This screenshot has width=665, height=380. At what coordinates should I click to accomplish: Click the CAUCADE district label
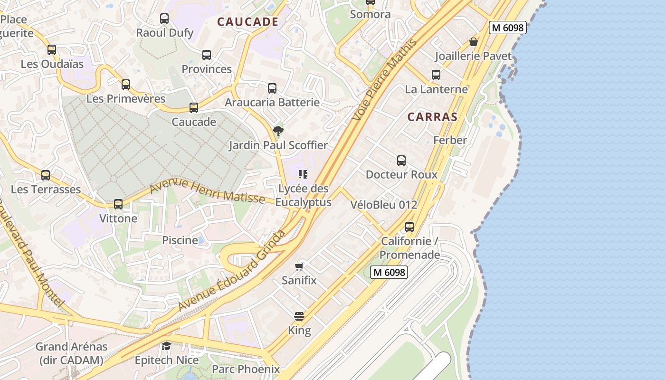click(x=247, y=22)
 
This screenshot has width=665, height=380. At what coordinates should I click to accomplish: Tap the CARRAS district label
click(x=432, y=117)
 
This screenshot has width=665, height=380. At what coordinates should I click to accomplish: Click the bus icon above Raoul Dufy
click(x=164, y=19)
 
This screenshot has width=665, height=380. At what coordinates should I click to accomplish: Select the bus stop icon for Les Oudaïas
click(x=51, y=49)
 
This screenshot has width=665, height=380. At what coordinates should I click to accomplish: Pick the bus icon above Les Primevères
click(x=125, y=85)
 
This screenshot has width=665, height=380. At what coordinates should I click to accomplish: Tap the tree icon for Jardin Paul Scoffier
click(x=278, y=131)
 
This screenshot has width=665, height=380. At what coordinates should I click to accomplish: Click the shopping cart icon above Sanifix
click(x=299, y=266)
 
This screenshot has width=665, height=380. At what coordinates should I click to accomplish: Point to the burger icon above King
click(x=299, y=316)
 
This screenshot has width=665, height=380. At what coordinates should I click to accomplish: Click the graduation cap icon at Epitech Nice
click(x=166, y=345)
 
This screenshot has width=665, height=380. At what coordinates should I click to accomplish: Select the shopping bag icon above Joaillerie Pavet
click(x=474, y=42)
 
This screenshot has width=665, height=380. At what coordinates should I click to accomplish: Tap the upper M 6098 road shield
click(x=508, y=28)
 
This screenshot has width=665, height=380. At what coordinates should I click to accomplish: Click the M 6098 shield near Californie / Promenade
click(x=389, y=272)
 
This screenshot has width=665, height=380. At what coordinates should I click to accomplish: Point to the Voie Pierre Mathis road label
click(x=385, y=79)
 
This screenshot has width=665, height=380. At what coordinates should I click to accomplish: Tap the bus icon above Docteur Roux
click(x=401, y=161)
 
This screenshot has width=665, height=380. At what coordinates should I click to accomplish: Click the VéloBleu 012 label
click(x=384, y=205)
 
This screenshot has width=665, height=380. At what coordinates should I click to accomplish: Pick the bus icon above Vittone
click(x=118, y=204)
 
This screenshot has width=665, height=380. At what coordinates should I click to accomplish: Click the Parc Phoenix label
click(x=246, y=369)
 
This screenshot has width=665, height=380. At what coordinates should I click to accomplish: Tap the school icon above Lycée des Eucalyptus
click(x=303, y=174)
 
